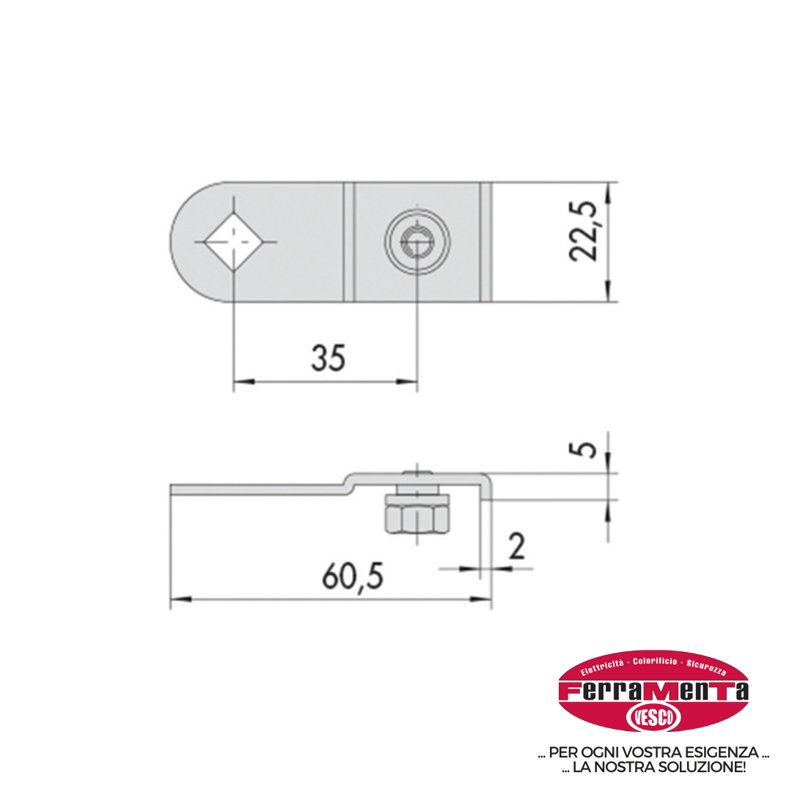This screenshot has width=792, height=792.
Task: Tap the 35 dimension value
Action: point(329,358)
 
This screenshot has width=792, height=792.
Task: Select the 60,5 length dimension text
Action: point(353,576)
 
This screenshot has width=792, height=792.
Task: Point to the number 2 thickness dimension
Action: point(517,546)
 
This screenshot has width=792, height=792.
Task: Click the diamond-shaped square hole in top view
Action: point(234,242)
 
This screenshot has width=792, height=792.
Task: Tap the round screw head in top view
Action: point(417,241)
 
